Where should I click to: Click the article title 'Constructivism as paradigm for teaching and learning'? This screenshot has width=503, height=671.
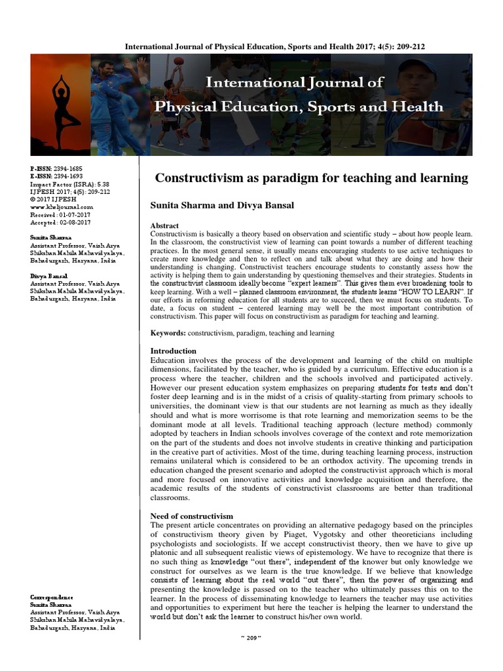pyautogui.click(x=311, y=178)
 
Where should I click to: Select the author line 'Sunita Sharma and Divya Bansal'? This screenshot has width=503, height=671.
pyautogui.click(x=222, y=205)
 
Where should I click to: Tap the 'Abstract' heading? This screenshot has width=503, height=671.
pyautogui.click(x=164, y=225)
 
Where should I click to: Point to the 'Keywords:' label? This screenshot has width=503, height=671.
pyautogui.click(x=168, y=333)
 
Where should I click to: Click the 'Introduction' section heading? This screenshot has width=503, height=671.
pyautogui.click(x=174, y=351)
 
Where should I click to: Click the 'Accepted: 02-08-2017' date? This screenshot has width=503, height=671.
pyautogui.click(x=60, y=222)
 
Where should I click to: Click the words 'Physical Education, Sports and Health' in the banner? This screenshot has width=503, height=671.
pyautogui.click(x=298, y=107)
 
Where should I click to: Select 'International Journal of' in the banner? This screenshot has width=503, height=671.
pyautogui.click(x=295, y=83)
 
